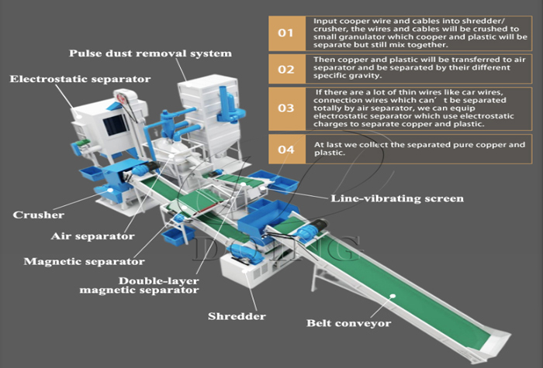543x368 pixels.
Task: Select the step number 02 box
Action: click(x=286, y=70)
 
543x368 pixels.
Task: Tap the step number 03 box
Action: click(x=286, y=108)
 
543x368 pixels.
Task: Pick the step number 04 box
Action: click(x=286, y=149)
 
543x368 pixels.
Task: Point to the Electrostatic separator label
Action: click(x=81, y=79)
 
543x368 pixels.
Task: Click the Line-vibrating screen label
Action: click(x=397, y=199)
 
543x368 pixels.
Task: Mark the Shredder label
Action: click(x=237, y=316)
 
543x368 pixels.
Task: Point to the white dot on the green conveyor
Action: click(x=393, y=294)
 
